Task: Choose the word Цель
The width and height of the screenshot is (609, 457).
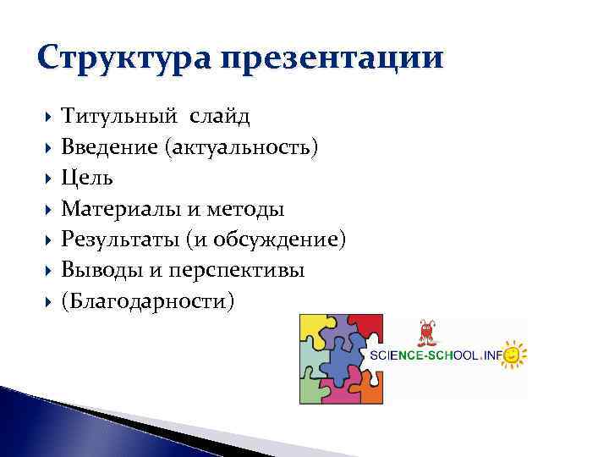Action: coord(87,179)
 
